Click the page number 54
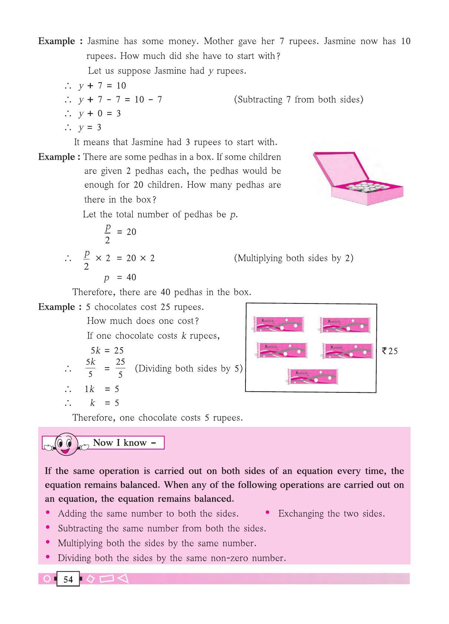coord(68,580)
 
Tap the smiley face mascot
coord(66,443)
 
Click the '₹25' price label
coord(390,351)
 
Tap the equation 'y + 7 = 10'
coord(102,86)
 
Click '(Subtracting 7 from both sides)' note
coord(298,100)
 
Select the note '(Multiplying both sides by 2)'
coord(293,258)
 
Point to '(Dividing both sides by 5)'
coord(188,369)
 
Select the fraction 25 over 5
coord(120,368)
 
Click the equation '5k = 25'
coord(107,351)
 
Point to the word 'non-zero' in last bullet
coord(230,558)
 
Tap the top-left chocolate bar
coord(278,324)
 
